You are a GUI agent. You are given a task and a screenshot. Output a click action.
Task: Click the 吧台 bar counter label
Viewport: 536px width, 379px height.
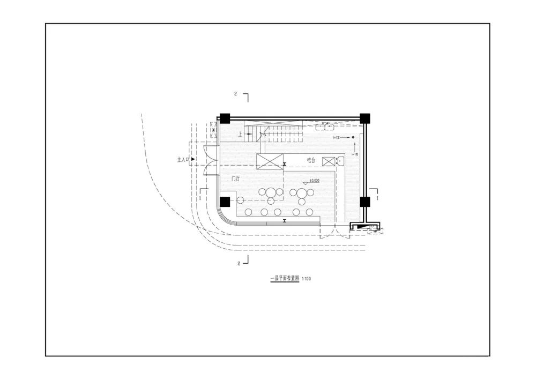(x=311, y=160)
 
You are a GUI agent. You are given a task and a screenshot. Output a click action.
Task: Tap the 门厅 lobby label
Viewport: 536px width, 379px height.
(x=235, y=179)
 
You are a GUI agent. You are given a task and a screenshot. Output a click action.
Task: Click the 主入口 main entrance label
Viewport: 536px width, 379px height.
(x=183, y=160)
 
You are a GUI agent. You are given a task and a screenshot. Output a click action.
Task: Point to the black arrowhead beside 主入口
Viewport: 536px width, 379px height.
(x=193, y=160)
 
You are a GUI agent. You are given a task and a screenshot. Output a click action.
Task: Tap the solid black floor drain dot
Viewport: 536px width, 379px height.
(x=353, y=138)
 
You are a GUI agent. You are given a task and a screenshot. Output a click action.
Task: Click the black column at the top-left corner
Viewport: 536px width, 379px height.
(x=224, y=118)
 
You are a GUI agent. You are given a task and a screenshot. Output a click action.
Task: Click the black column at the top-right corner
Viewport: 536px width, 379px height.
(x=365, y=118)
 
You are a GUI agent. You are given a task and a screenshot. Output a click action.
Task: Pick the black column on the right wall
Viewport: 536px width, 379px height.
(x=365, y=202)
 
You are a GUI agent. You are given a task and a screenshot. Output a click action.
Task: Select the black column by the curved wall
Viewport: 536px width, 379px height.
(x=225, y=202)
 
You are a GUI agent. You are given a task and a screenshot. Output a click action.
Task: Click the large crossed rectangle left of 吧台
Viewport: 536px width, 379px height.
(x=269, y=161)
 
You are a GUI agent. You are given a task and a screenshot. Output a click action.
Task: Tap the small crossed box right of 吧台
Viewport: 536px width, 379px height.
(x=328, y=161)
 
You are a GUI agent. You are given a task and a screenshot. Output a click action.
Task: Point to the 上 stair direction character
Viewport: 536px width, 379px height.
(x=241, y=134)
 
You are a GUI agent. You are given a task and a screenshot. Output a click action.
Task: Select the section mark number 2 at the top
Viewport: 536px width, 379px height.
(x=235, y=94)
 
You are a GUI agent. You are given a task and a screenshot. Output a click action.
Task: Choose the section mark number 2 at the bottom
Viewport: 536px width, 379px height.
(x=239, y=263)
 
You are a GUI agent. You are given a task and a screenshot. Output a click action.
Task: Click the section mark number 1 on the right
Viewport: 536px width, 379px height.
(x=378, y=198)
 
